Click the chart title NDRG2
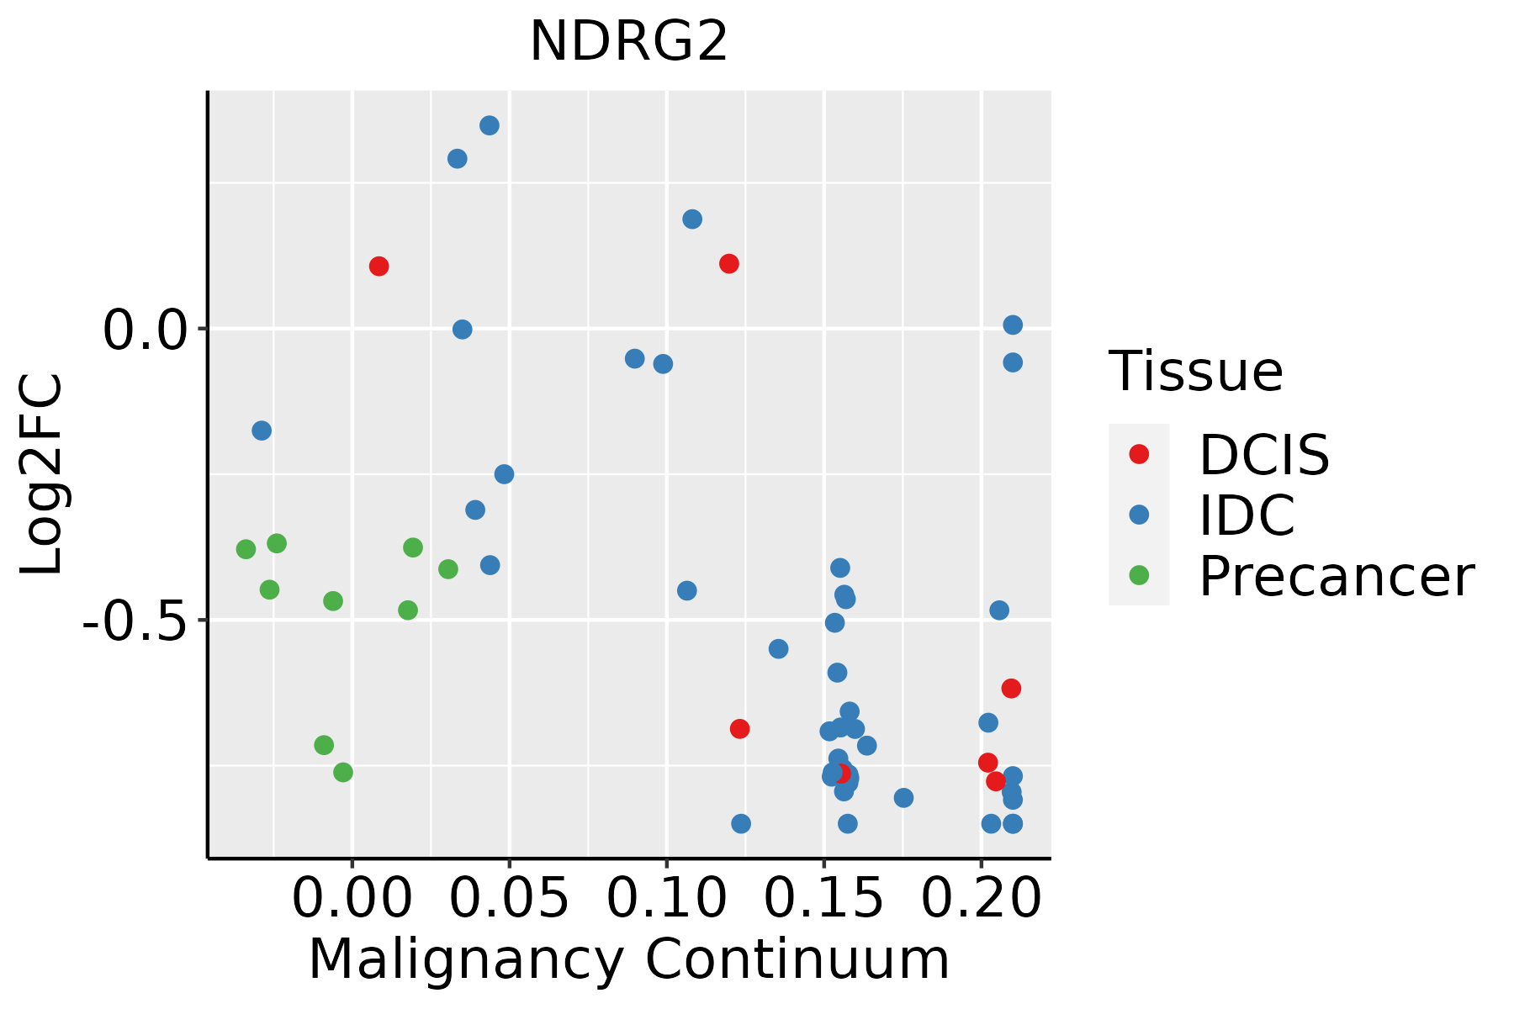(x=628, y=42)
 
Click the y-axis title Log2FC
(x=42, y=475)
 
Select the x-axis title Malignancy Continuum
(x=628, y=960)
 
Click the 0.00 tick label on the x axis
(x=352, y=899)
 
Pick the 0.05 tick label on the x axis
(x=509, y=899)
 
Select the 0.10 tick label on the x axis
(x=666, y=899)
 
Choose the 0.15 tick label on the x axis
(x=823, y=899)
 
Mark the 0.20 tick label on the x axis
(x=981, y=899)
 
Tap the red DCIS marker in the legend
(x=1139, y=454)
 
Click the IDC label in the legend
(x=1247, y=515)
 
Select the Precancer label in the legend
(x=1336, y=577)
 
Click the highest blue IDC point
(x=490, y=125)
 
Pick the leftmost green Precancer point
(x=246, y=549)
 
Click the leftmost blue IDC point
(x=262, y=431)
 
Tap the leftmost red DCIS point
(x=379, y=267)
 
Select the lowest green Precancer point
(x=342, y=772)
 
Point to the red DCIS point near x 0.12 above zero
(x=729, y=264)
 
